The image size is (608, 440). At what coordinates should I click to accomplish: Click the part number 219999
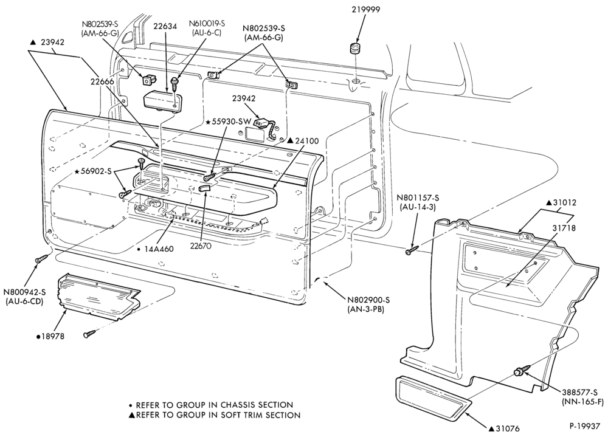365,9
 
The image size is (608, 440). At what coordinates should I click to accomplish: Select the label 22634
165,26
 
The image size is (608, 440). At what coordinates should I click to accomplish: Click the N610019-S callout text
207,23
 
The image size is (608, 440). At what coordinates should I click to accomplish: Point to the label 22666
102,81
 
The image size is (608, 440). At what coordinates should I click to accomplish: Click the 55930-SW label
226,122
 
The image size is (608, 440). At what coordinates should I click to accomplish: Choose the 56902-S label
92,171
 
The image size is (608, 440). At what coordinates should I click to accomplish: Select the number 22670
201,246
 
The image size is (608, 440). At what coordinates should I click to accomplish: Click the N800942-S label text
24,292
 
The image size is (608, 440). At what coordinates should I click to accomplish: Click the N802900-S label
368,300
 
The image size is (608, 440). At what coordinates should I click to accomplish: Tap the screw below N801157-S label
412,250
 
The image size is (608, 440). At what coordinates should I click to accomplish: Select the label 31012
561,202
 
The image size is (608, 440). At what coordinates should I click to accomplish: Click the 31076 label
503,428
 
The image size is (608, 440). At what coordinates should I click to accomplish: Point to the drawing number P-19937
585,425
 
